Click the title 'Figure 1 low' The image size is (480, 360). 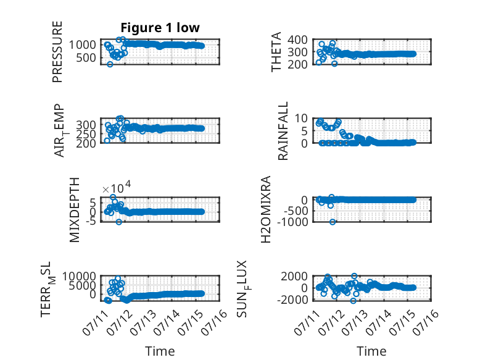pyautogui.click(x=160, y=28)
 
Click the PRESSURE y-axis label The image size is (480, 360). pyautogui.click(x=57, y=52)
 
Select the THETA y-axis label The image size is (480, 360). pyautogui.click(x=276, y=52)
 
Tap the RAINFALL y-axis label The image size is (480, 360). pyautogui.click(x=283, y=131)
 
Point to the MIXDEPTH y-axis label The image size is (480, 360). pyautogui.click(x=75, y=210)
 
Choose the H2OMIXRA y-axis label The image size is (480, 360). pyautogui.click(x=266, y=209)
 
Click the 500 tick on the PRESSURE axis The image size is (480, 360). pyautogui.click(x=86, y=57)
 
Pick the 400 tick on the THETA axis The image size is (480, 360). pyautogui.click(x=298, y=40)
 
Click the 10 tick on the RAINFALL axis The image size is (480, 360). pyautogui.click(x=301, y=118)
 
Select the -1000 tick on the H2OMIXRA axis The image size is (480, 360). pyautogui.click(x=292, y=222)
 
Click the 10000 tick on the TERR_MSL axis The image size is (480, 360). pyautogui.click(x=80, y=277)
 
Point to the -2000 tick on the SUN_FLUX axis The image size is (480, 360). pyautogui.click(x=292, y=299)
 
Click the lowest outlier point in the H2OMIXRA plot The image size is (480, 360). pyautogui.click(x=333, y=222)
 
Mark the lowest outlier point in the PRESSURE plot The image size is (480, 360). pyautogui.click(x=110, y=64)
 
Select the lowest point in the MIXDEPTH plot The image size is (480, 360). pyautogui.click(x=119, y=222)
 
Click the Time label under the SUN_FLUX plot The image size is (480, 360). pyautogui.click(x=371, y=351)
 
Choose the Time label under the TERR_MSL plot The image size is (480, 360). pyautogui.click(x=160, y=351)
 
